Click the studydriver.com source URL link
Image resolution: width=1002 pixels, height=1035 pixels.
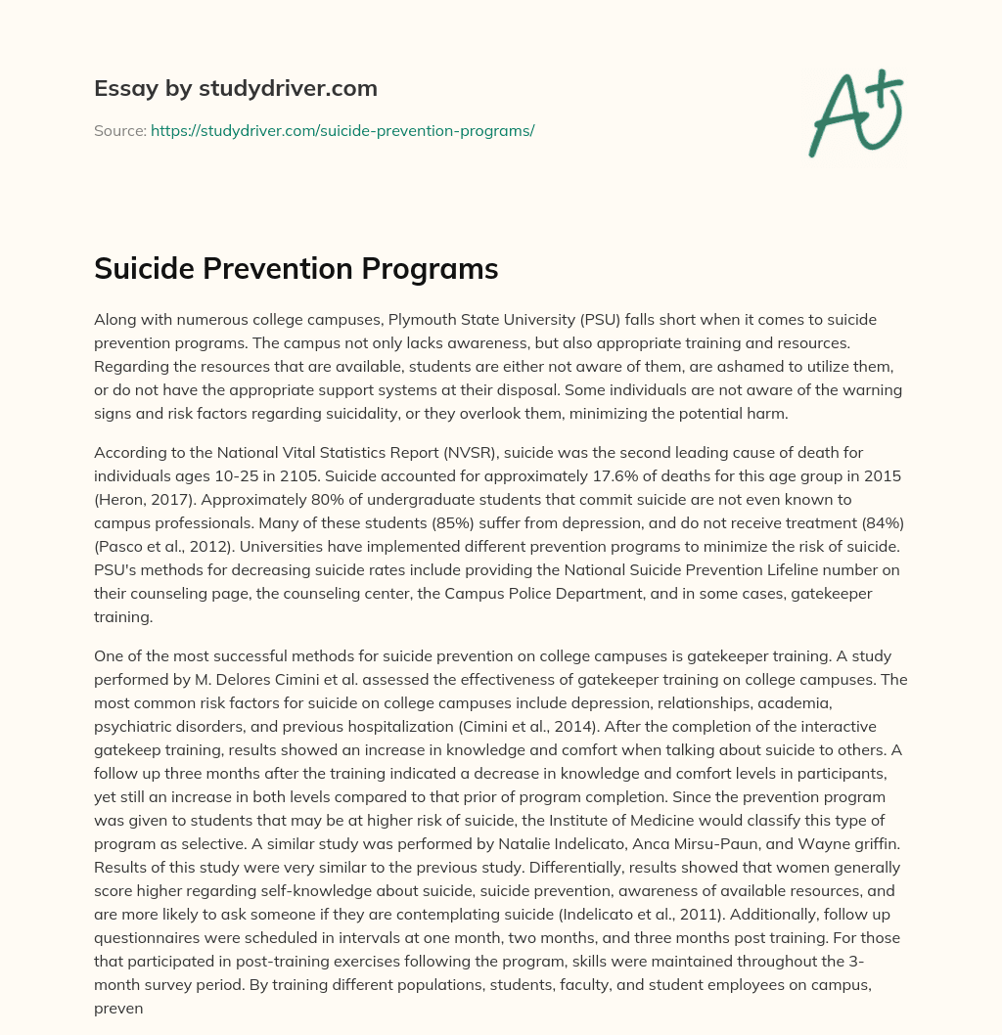(342, 130)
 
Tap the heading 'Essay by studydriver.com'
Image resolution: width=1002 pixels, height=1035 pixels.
(235, 88)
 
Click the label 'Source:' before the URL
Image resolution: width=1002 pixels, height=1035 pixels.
(120, 130)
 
